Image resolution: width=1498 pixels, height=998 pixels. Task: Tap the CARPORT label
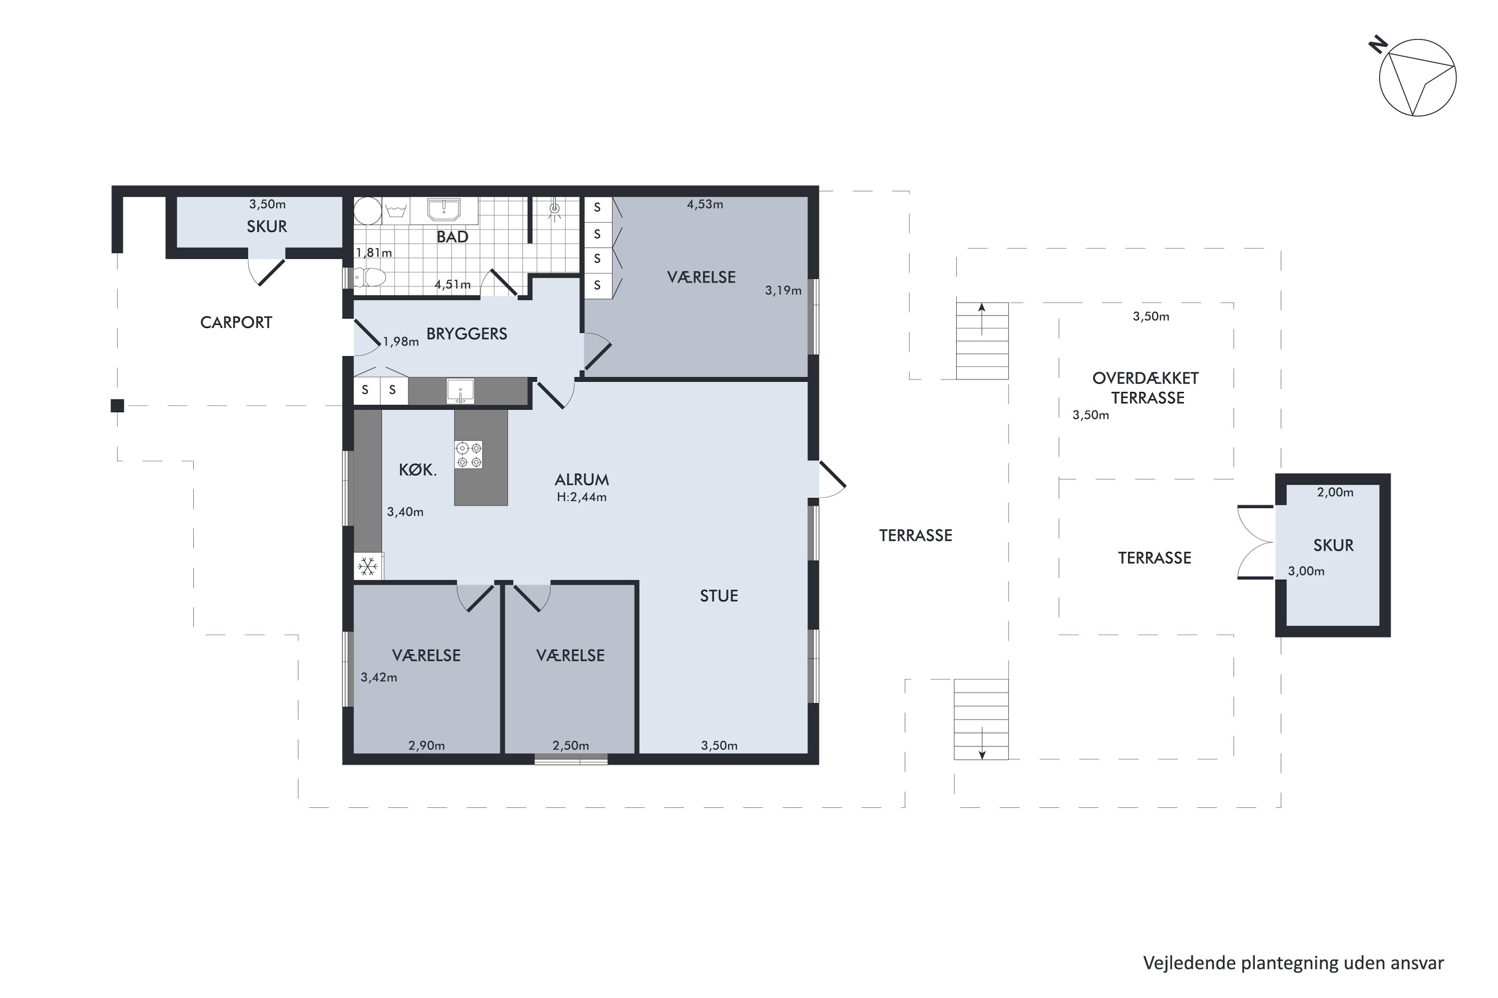pos(236,323)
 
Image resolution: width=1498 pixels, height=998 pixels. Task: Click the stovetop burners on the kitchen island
pos(468,455)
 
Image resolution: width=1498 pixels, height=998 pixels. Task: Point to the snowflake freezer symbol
pos(368,566)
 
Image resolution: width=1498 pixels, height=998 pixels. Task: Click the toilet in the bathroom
pos(370,277)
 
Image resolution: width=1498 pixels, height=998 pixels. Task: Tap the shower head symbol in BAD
pos(555,210)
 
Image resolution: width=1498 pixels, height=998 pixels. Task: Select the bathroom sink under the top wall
pos(443,210)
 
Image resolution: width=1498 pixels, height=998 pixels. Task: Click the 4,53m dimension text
pos(705,204)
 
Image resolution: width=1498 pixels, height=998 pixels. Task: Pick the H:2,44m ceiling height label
pos(582,497)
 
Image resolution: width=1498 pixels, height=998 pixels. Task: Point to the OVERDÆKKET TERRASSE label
pos(1146,388)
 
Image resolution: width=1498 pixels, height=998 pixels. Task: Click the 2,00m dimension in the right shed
pos(1335,492)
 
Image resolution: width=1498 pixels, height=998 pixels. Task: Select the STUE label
pos(719,596)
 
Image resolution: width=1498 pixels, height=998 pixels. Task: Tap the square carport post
pos(117,405)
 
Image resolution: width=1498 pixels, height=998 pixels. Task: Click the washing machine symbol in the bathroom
pos(396,210)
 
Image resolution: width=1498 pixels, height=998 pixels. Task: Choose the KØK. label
pos(417,471)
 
